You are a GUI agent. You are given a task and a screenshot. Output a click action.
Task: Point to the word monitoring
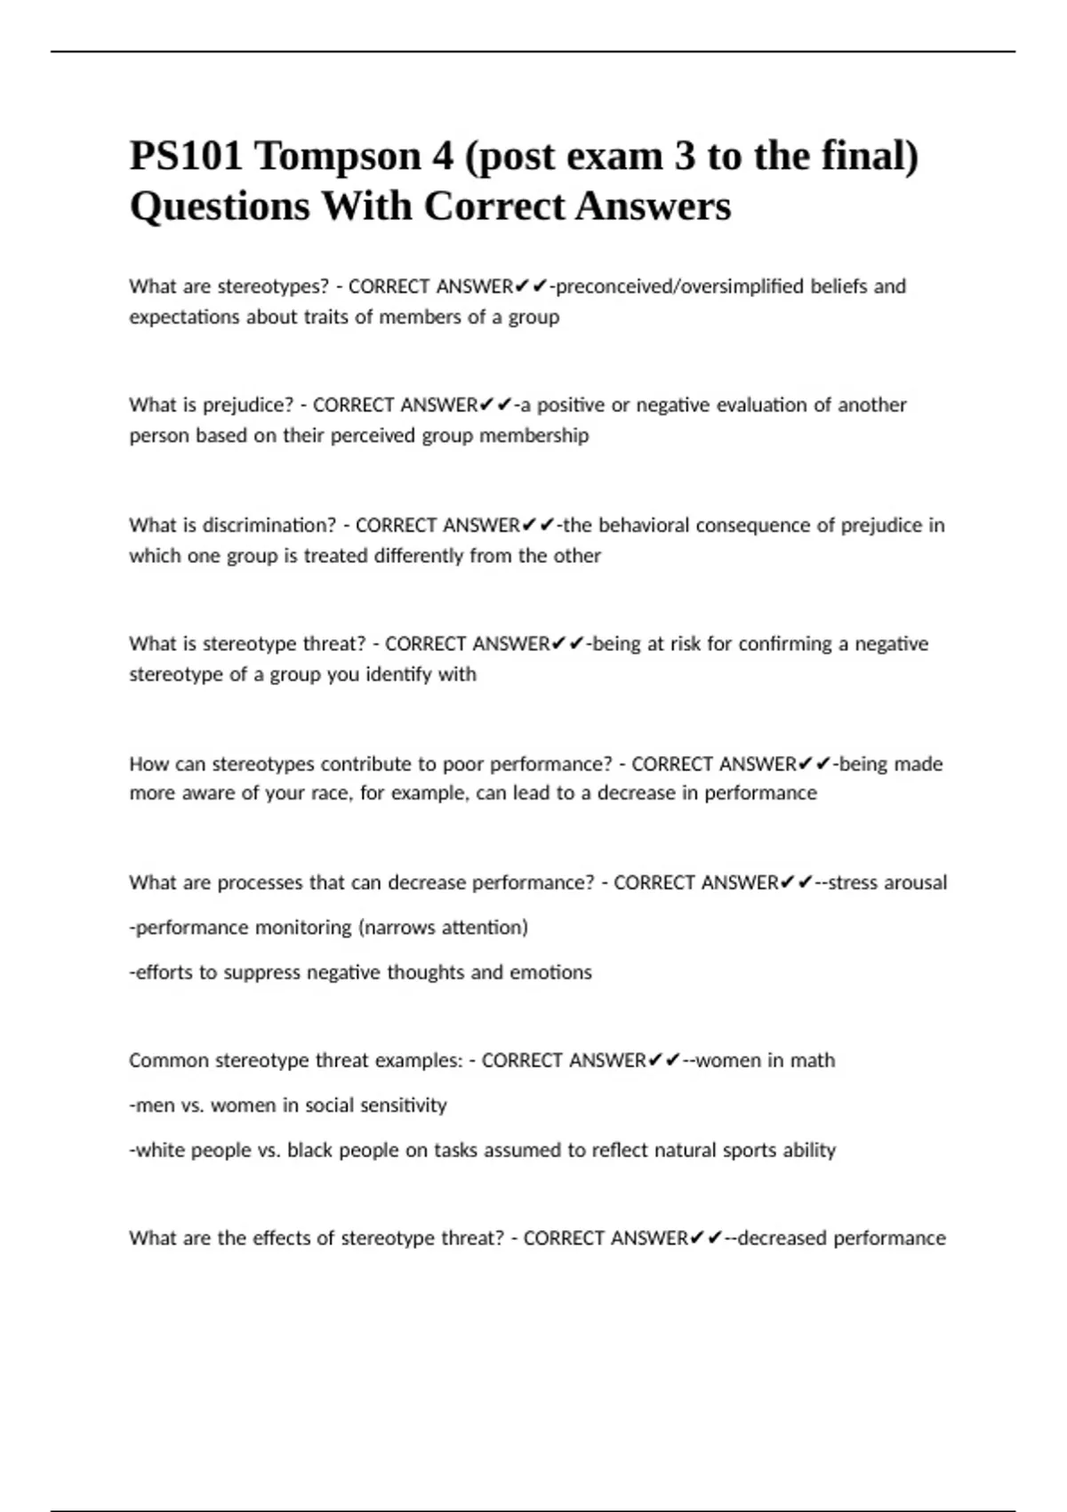pos(303,928)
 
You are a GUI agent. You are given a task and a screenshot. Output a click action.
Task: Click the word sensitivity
pos(402,1106)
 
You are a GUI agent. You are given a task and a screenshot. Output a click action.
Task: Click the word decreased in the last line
pos(782,1238)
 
